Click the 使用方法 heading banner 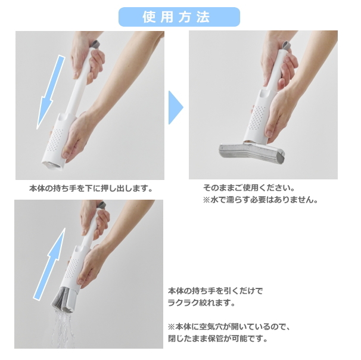(179, 17)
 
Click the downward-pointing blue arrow (51, 92)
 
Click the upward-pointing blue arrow (49, 264)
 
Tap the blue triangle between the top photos (176, 107)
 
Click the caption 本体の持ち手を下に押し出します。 (91, 188)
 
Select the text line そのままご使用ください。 (249, 188)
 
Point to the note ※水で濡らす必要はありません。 (260, 200)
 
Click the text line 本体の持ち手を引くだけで (216, 291)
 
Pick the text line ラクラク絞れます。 (201, 302)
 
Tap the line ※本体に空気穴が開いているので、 (229, 327)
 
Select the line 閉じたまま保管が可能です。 (217, 339)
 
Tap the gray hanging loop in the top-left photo (96, 44)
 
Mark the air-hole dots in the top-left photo (55, 140)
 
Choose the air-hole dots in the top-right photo (257, 118)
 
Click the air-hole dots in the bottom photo (72, 268)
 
